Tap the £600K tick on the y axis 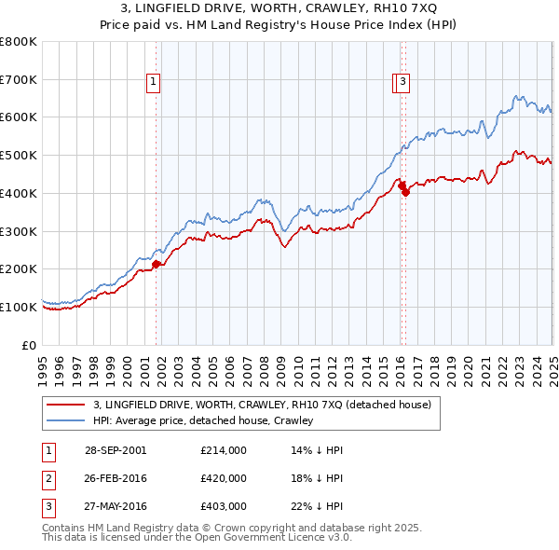pos(19,117)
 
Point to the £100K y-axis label pos(19,307)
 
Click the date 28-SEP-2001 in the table pos(116,450)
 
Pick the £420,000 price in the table pos(224,478)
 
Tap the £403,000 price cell pos(224,506)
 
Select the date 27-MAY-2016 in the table pos(116,506)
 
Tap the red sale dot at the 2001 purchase pos(156,264)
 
